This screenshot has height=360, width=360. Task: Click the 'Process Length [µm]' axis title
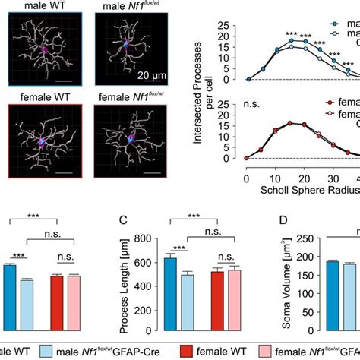click(x=126, y=289)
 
